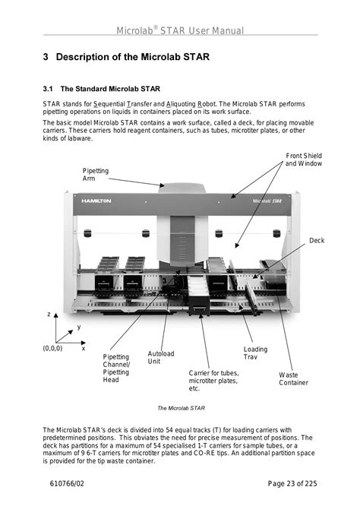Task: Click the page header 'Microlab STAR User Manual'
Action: click(180, 30)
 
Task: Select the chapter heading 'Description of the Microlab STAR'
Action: click(133, 57)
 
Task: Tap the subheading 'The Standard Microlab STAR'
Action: click(110, 89)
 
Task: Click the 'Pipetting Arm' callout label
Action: click(96, 175)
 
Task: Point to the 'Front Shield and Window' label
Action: click(304, 160)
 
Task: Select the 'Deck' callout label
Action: click(317, 241)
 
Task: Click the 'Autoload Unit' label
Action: click(161, 357)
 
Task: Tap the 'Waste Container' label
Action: click(293, 379)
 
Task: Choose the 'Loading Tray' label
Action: click(256, 353)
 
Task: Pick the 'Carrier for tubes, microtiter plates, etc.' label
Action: click(214, 381)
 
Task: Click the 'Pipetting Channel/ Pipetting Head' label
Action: click(116, 368)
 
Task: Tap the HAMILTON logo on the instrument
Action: click(96, 201)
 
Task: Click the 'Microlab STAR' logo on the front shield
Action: click(267, 201)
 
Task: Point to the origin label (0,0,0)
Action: click(52, 348)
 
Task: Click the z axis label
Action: click(49, 314)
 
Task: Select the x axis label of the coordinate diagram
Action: click(84, 349)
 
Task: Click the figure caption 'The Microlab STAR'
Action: click(181, 408)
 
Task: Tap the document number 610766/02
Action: click(67, 483)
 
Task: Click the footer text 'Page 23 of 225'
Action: click(292, 483)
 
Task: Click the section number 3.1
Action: click(48, 89)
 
